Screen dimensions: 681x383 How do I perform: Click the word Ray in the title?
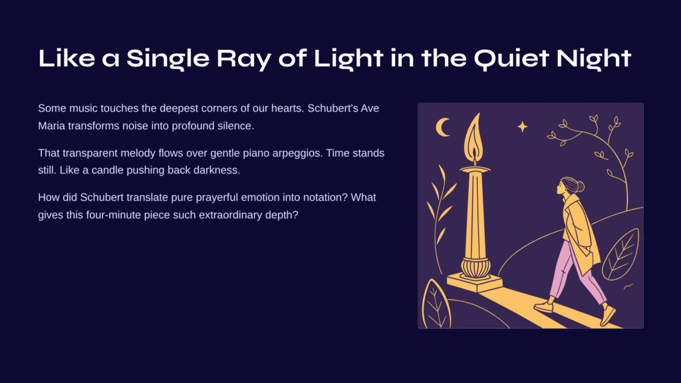click(x=243, y=59)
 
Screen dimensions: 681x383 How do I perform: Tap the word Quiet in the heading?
click(x=511, y=59)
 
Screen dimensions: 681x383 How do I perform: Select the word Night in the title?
click(x=594, y=59)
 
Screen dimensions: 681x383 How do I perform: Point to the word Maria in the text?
click(x=52, y=126)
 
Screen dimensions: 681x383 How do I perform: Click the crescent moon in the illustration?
click(x=442, y=127)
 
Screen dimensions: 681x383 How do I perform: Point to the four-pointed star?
click(x=523, y=126)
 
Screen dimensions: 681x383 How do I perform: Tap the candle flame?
click(x=474, y=138)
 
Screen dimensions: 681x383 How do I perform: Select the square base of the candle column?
click(x=475, y=282)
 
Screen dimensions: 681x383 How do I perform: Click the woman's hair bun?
click(x=581, y=187)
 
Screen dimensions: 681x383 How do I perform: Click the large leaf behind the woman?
click(x=621, y=255)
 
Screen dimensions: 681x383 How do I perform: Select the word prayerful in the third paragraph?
click(x=217, y=198)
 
